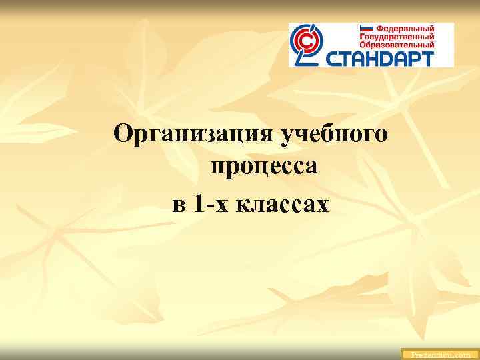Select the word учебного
(334, 133)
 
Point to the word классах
(280, 203)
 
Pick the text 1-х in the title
(209, 203)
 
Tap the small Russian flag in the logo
(367, 29)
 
